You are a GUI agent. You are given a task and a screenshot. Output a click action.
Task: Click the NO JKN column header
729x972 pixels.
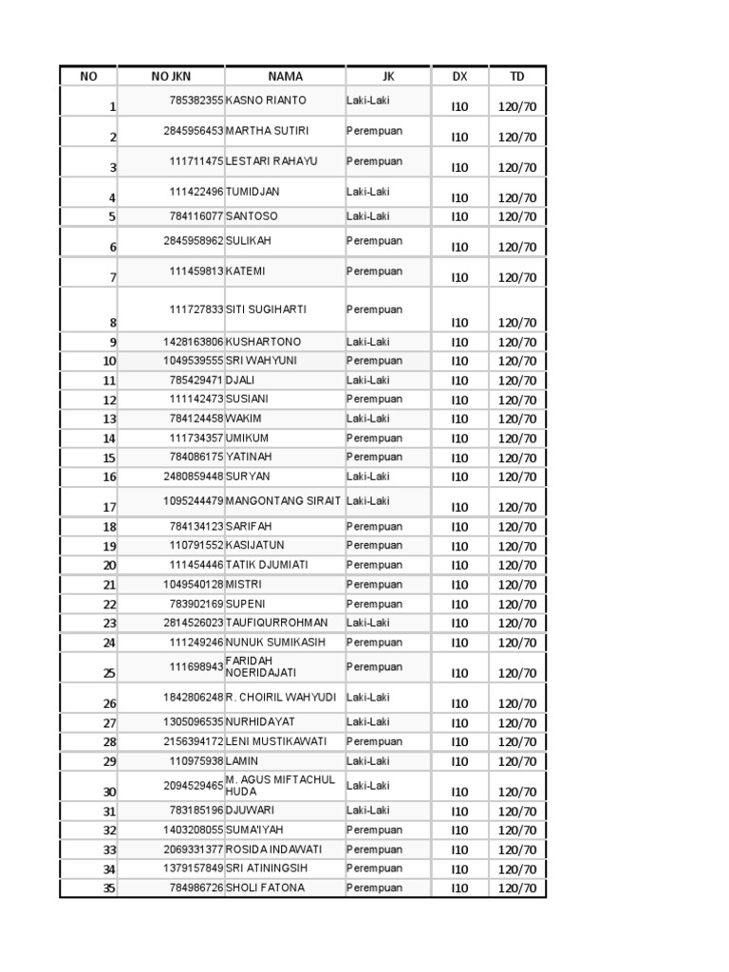click(x=171, y=77)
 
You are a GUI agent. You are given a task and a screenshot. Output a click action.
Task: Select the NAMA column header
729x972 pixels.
click(x=285, y=77)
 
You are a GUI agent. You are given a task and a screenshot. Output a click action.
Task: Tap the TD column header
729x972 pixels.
click(x=517, y=77)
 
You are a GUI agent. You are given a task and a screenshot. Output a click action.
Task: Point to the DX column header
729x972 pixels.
click(x=460, y=77)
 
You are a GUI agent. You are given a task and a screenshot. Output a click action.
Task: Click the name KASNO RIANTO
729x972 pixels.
click(x=266, y=100)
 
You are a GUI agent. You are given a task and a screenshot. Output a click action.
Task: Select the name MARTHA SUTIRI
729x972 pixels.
click(x=267, y=130)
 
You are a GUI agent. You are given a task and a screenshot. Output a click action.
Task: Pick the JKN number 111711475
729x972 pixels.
click(x=196, y=161)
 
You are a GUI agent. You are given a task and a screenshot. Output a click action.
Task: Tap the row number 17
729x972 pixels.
click(x=109, y=507)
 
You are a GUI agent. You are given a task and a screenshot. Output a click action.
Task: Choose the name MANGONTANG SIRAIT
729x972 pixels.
click(x=283, y=500)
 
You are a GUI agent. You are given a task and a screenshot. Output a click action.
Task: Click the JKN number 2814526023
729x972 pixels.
click(x=194, y=623)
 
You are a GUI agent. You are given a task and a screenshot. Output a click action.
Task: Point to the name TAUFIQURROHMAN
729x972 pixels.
click(x=277, y=623)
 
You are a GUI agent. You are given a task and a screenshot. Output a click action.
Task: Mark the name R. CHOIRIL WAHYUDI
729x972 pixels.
click(x=281, y=697)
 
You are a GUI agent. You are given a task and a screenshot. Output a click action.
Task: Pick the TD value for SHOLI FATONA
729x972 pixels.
click(x=517, y=888)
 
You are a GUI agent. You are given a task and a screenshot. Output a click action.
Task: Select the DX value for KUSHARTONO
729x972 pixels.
click(x=460, y=342)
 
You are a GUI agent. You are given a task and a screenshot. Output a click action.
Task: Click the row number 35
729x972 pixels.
click(x=109, y=888)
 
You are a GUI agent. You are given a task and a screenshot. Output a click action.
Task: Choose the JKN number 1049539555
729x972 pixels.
click(x=194, y=361)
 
